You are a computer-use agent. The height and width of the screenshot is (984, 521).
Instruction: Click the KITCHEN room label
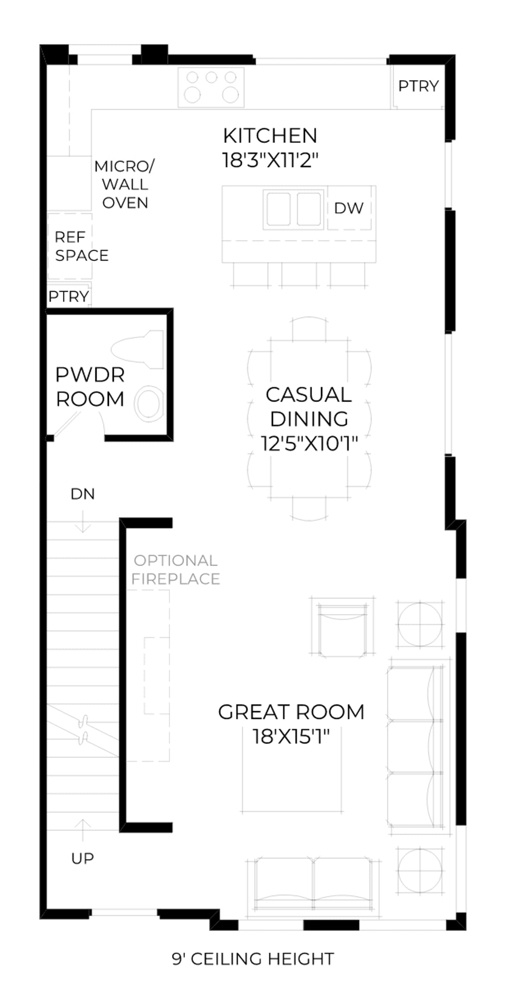pyautogui.click(x=270, y=136)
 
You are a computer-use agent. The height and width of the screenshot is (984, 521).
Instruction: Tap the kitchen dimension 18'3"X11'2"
pyautogui.click(x=270, y=160)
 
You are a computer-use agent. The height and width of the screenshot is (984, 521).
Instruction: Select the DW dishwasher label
pyautogui.click(x=349, y=208)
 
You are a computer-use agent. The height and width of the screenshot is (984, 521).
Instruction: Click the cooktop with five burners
pyautogui.click(x=211, y=87)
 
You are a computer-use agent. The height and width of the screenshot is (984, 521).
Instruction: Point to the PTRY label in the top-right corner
pyautogui.click(x=418, y=86)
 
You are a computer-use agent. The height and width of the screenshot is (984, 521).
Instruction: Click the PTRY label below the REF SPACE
pyautogui.click(x=69, y=297)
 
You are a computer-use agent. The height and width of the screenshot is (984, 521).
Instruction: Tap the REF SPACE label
pyautogui.click(x=81, y=246)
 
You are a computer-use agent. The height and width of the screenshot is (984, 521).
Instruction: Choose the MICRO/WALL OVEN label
pyautogui.click(x=125, y=185)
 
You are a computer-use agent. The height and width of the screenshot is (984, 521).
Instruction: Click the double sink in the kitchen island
pyautogui.click(x=294, y=209)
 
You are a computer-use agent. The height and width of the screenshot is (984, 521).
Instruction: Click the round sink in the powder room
pyautogui.click(x=149, y=403)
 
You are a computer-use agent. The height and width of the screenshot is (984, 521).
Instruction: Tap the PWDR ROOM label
pyautogui.click(x=90, y=387)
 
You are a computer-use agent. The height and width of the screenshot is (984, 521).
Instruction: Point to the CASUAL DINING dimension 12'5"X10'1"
pyautogui.click(x=309, y=443)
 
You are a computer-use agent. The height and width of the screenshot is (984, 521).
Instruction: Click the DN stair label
pyautogui.click(x=83, y=494)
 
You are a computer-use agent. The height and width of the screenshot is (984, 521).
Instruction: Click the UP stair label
pyautogui.click(x=83, y=858)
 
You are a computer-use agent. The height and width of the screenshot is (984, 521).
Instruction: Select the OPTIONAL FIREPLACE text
pyautogui.click(x=176, y=569)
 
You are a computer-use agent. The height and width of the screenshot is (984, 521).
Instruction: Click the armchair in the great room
pyautogui.click(x=343, y=626)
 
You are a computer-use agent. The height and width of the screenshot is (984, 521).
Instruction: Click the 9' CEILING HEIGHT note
pyautogui.click(x=253, y=959)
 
